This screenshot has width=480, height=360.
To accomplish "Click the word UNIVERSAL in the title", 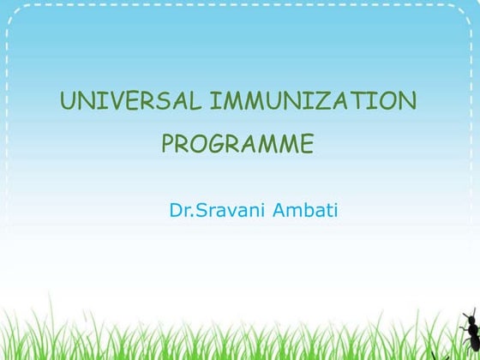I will (130, 101).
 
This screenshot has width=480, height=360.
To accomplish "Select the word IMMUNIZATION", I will (313, 101).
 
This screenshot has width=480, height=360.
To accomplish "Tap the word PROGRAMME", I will (237, 143).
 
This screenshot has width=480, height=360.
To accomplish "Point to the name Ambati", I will (305, 208).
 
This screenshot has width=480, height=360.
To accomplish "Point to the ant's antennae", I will (466, 315).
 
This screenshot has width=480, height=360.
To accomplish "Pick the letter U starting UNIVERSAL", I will (67, 101).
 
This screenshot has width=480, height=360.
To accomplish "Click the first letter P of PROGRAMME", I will (169, 143).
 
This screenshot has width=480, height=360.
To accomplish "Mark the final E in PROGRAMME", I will (305, 143).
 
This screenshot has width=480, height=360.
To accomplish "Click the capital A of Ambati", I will (279, 208).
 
